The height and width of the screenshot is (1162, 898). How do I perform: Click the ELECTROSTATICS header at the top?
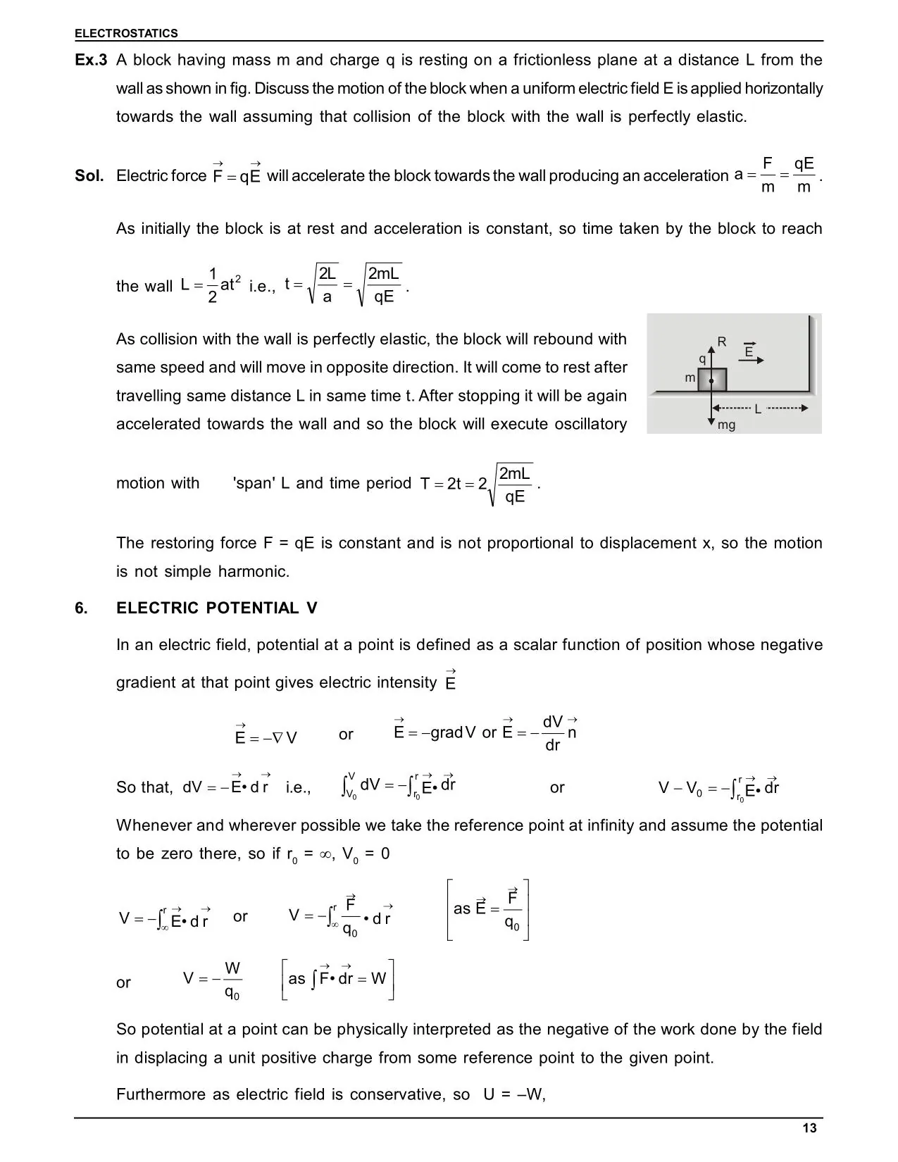tap(126, 33)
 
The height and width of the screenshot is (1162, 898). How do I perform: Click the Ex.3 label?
tap(91, 61)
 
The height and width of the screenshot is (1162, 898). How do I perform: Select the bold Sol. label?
tap(89, 175)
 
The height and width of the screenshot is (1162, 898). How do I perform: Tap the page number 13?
tap(809, 1128)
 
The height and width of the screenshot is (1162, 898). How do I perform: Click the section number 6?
tap(82, 608)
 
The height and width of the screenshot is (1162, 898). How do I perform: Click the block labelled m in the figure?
tap(712, 380)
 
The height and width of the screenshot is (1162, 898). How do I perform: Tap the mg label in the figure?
tap(726, 425)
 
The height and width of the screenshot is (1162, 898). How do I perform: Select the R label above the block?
tap(721, 342)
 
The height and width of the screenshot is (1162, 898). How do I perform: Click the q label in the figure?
tap(702, 358)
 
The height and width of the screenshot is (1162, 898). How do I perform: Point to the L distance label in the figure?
tap(758, 408)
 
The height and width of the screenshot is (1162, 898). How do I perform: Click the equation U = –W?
tap(514, 1094)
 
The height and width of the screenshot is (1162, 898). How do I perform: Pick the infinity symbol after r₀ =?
tap(325, 854)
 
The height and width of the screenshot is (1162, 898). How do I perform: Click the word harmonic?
tap(253, 571)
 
